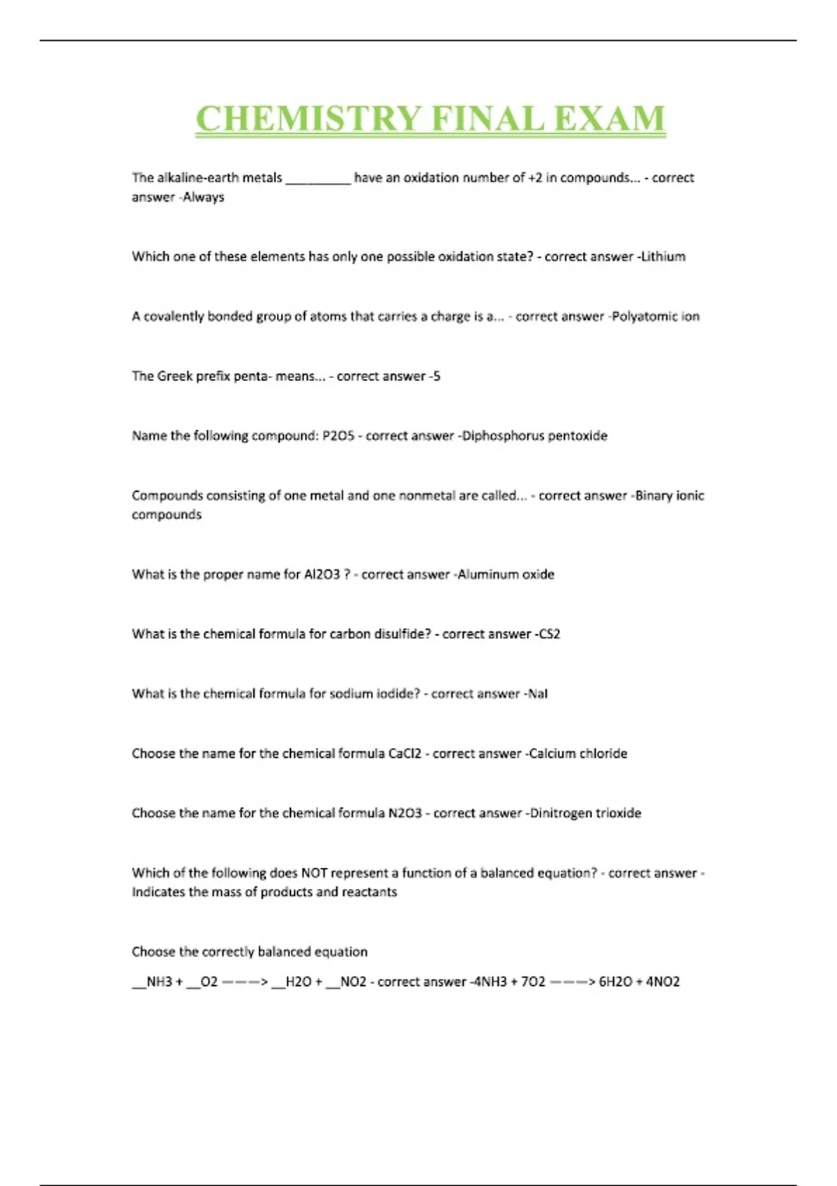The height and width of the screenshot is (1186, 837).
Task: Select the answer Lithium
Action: click(663, 257)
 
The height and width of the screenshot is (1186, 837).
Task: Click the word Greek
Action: click(174, 376)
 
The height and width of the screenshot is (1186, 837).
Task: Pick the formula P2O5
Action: click(338, 436)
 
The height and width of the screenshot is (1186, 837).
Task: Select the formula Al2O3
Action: click(322, 575)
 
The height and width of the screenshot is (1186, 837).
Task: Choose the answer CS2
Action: click(550, 634)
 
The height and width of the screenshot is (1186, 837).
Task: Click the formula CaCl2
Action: click(405, 753)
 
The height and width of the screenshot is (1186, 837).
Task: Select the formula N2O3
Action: click(405, 813)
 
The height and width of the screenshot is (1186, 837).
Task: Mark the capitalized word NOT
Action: click(314, 873)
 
